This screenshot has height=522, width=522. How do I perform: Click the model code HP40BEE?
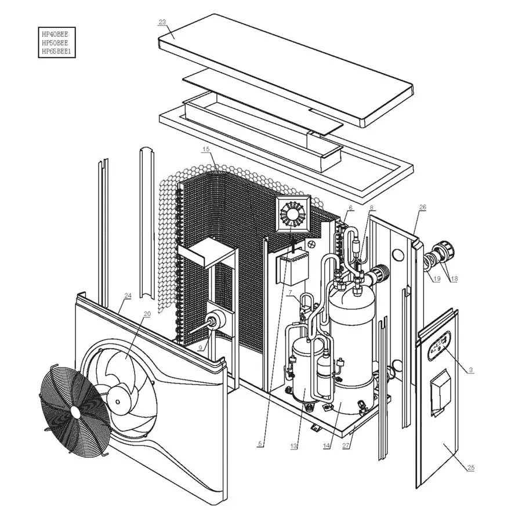click(x=58, y=34)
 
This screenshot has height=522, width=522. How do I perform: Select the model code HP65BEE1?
click(x=59, y=52)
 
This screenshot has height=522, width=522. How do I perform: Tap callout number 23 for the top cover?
click(x=162, y=22)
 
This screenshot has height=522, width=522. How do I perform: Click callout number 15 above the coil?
click(x=206, y=150)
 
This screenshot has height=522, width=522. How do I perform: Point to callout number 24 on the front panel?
click(x=128, y=296)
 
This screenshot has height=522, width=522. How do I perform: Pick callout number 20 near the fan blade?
click(x=147, y=314)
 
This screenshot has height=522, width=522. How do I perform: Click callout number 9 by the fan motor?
click(x=200, y=348)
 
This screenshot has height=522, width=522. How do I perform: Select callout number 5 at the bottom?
click(x=261, y=444)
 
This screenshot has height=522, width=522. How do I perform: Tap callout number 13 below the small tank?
click(x=294, y=447)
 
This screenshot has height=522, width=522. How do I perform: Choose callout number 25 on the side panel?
click(x=470, y=467)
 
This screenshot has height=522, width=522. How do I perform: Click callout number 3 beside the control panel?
click(x=471, y=370)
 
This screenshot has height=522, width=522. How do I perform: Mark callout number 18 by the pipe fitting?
click(x=454, y=279)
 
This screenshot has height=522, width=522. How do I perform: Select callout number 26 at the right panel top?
click(x=422, y=207)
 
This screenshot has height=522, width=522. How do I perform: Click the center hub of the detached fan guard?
click(x=75, y=410)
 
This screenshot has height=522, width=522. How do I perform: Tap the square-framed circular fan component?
click(x=293, y=215)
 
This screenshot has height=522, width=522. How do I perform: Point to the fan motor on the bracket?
click(x=219, y=320)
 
